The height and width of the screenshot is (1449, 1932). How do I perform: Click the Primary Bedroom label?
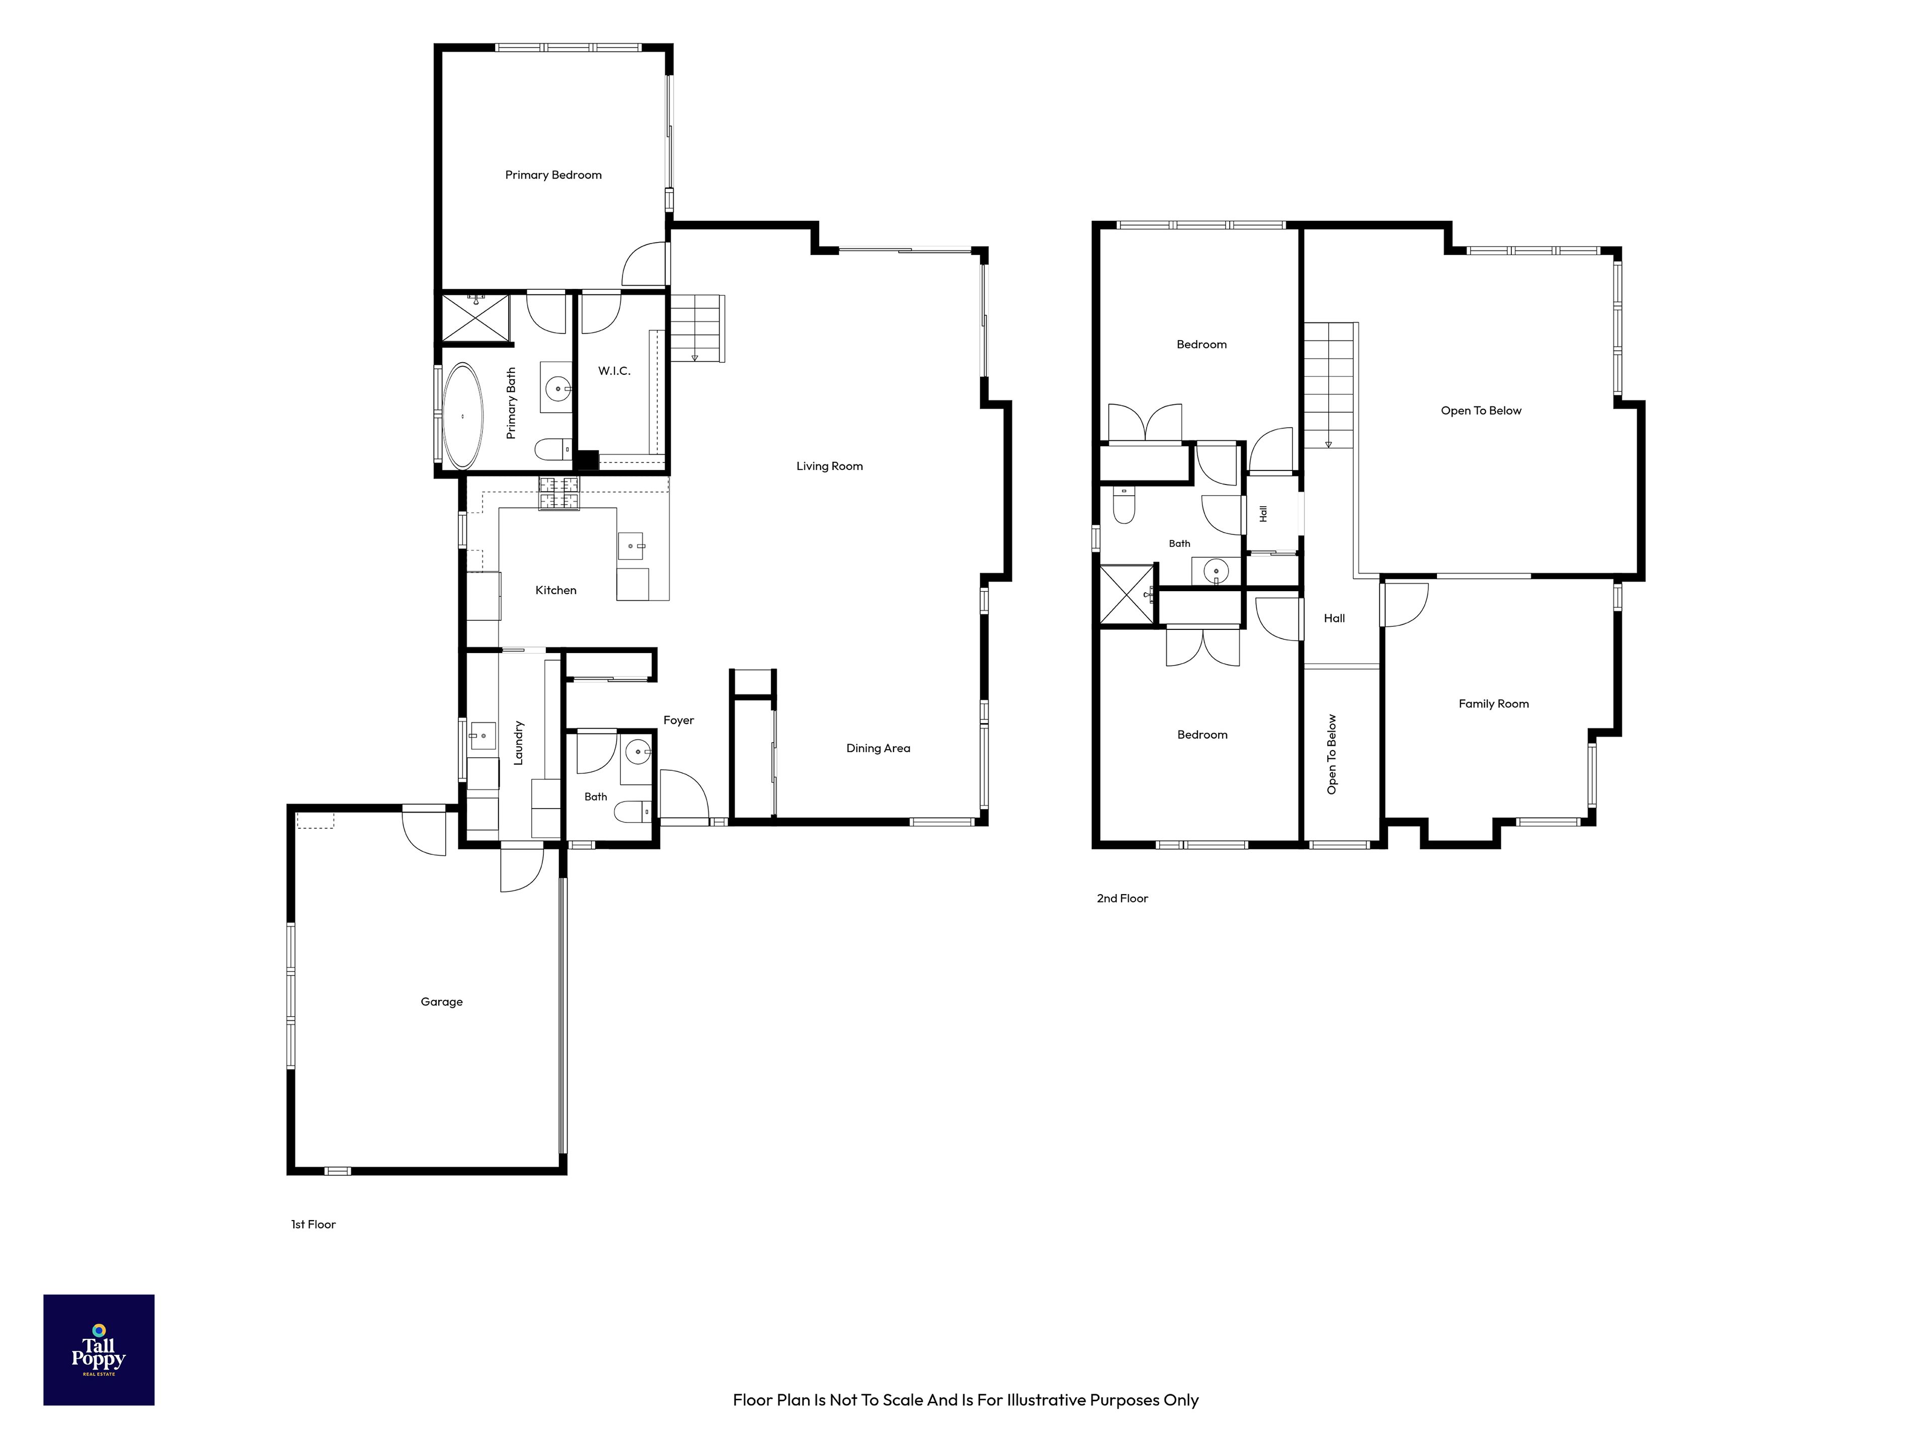click(x=553, y=175)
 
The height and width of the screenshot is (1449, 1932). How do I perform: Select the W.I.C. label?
click(x=614, y=370)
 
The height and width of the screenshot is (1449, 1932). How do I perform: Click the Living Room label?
click(x=829, y=465)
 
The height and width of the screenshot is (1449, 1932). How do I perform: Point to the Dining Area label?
click(x=878, y=748)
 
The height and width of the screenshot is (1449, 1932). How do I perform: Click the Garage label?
click(x=441, y=1002)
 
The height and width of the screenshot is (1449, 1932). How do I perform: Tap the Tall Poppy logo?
click(x=99, y=1349)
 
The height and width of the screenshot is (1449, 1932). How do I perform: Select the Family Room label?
click(x=1494, y=703)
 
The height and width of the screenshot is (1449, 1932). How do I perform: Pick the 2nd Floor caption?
click(x=1122, y=898)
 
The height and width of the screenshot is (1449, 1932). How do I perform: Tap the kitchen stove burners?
click(x=559, y=494)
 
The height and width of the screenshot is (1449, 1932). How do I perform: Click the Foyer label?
click(x=679, y=719)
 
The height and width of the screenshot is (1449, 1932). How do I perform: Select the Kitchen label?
click(x=555, y=590)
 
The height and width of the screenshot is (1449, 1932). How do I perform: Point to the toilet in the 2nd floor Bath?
click(x=1124, y=505)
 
